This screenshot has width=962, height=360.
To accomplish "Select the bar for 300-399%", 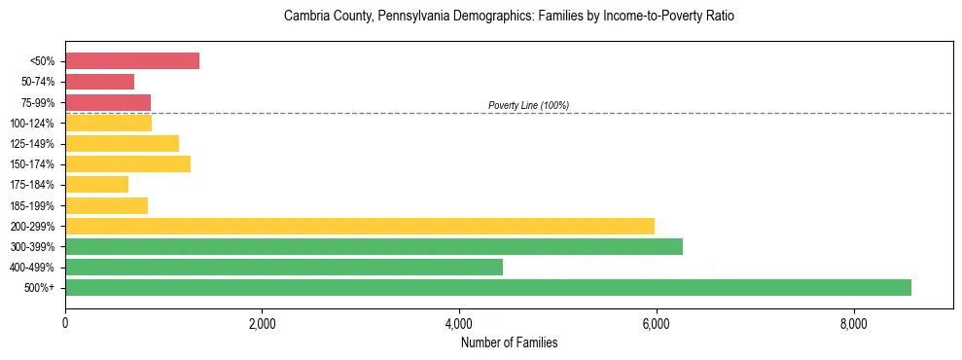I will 374,246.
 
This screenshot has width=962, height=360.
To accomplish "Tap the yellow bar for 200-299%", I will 360,226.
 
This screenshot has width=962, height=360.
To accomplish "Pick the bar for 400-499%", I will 284,267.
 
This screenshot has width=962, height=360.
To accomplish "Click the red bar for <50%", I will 132,61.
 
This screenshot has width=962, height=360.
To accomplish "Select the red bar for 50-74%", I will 99,82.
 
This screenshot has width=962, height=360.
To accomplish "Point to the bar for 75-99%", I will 108,102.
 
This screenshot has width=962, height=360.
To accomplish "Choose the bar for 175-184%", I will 96,185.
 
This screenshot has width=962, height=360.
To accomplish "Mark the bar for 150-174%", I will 127,163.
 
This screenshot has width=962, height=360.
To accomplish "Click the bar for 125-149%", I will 122,143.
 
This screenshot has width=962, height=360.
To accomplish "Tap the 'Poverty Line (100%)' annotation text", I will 528,105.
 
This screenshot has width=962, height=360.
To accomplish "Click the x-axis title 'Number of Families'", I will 509,342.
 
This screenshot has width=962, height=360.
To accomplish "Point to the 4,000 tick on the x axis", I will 459,323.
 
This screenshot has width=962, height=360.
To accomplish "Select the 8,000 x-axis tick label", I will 853,323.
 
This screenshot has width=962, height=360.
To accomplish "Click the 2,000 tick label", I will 262,323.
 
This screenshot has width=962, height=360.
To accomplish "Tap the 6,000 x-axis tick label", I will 656,323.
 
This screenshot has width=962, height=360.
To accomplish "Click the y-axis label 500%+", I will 41,288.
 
